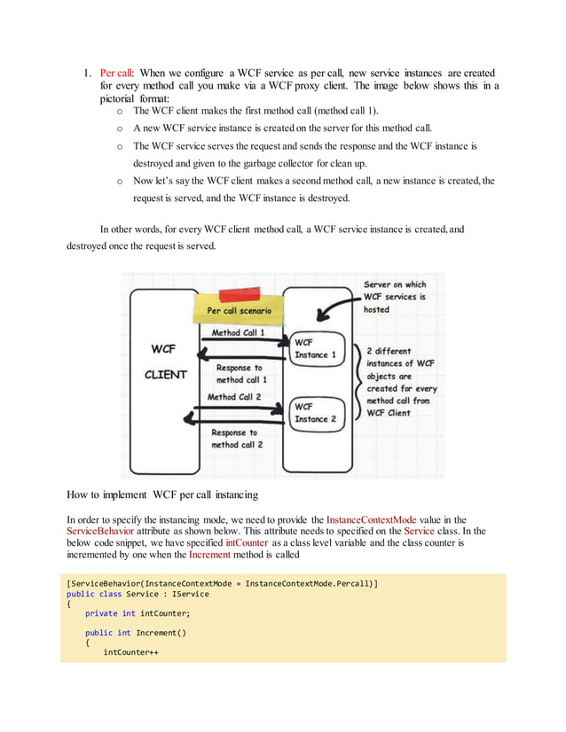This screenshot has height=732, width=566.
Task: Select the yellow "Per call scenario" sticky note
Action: (240, 311)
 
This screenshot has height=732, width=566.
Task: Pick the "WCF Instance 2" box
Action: (315, 412)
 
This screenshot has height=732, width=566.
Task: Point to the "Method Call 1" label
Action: (238, 332)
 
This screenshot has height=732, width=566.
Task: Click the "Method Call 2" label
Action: (234, 397)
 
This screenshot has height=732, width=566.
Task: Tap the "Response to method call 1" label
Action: (240, 373)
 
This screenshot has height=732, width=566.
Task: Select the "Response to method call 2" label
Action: (236, 438)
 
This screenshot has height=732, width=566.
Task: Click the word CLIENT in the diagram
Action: (166, 374)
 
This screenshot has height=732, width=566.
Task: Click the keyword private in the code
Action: (101, 613)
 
